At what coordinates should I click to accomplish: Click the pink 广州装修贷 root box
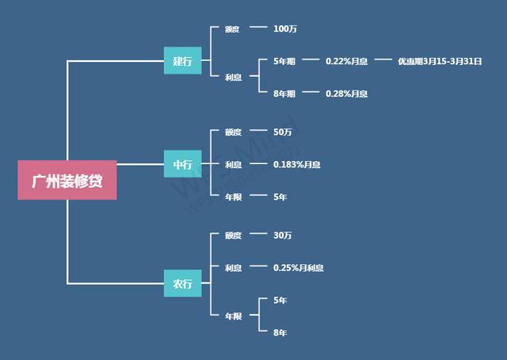click(67, 181)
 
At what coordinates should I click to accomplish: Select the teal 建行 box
click(182, 60)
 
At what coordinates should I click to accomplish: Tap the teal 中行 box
click(182, 164)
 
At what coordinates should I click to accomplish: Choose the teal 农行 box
click(182, 283)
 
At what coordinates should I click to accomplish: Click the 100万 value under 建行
click(285, 29)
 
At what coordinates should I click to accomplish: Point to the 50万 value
click(283, 132)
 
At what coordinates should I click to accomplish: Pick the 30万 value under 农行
click(283, 236)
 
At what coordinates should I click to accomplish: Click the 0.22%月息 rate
click(346, 60)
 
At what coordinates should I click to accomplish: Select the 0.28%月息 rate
click(346, 94)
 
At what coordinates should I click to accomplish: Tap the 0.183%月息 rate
click(297, 164)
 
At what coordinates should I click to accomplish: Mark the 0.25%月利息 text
click(298, 268)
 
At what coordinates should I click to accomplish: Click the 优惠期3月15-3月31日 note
click(440, 60)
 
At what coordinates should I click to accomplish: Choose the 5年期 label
click(284, 60)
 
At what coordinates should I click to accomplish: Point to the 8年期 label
click(284, 94)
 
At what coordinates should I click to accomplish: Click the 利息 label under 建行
click(233, 77)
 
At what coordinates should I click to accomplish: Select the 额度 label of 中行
click(233, 132)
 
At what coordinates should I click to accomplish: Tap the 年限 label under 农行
click(233, 316)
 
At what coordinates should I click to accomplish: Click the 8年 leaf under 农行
click(280, 332)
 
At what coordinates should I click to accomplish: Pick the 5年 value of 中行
click(280, 197)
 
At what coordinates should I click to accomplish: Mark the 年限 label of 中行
click(233, 197)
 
